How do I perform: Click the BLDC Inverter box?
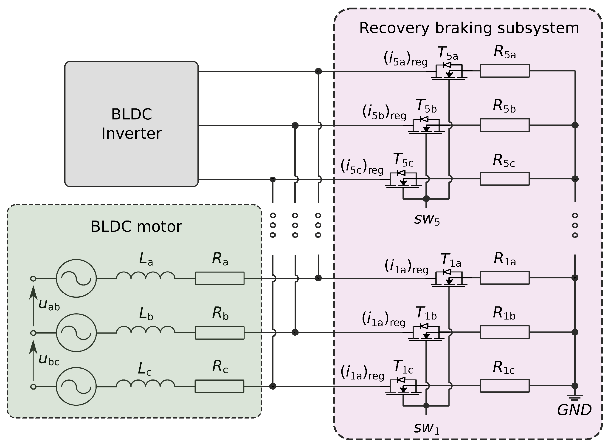pos(131,124)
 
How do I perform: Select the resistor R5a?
pos(505,71)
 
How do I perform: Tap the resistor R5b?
pos(505,125)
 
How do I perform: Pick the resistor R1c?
pos(505,386)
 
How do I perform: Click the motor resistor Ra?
pos(220,278)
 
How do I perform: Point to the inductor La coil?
pos(146,275)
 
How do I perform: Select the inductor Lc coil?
pos(146,383)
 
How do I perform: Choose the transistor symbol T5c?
pos(403,179)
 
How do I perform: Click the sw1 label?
pos(427,428)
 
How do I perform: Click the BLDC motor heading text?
pos(136,226)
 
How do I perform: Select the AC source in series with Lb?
pos(76,333)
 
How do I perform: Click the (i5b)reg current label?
pos(384,111)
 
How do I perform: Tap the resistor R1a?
pos(505,278)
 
